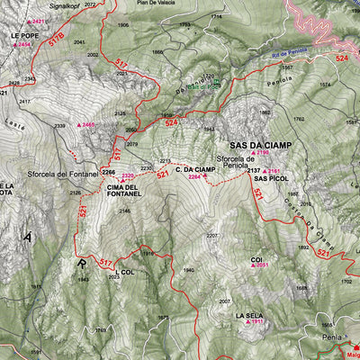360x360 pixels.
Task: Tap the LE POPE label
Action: click(23, 35)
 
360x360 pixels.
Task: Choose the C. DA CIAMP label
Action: click(194, 169)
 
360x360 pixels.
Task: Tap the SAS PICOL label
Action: click(270, 178)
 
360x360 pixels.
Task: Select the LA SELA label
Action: click(248, 316)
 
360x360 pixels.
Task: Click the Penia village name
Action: click(332, 338)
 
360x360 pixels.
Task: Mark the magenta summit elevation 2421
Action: click(39, 21)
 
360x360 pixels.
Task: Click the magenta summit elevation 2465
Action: click(88, 124)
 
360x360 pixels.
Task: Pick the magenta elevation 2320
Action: click(128, 176)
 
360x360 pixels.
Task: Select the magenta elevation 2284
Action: click(194, 177)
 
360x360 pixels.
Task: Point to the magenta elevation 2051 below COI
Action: click(262, 265)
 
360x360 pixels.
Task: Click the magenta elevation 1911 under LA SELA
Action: click(256, 322)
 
